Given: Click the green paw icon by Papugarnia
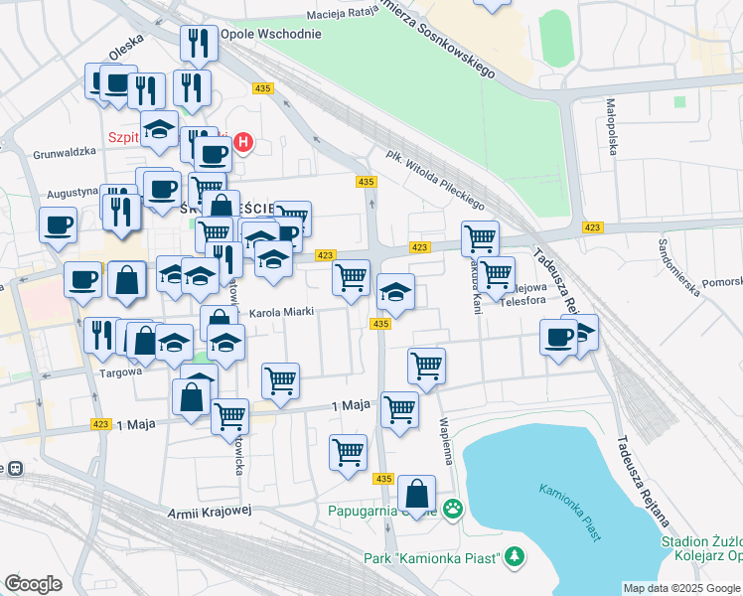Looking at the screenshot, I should [453, 510].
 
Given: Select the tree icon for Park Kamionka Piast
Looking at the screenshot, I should [514, 557].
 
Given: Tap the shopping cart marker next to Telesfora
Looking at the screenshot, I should [496, 272].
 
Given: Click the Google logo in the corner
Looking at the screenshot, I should [33, 584].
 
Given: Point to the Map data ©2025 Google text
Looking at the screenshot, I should [681, 588].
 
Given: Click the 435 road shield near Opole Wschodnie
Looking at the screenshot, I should [263, 88].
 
